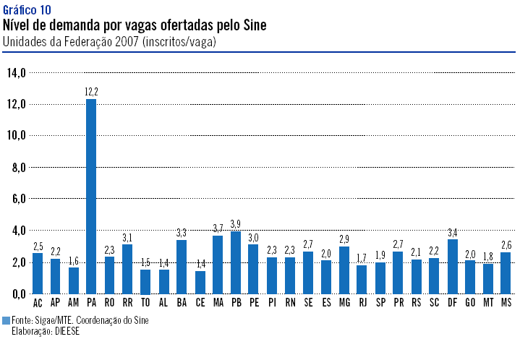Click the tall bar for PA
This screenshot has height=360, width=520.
(91, 195)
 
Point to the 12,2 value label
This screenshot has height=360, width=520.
(91, 91)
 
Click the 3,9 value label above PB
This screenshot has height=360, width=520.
(236, 223)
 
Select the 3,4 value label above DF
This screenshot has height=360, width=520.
(453, 231)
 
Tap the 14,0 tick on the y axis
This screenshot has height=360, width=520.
(16, 72)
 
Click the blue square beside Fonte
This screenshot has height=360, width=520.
(6, 320)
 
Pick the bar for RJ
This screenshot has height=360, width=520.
(362, 279)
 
